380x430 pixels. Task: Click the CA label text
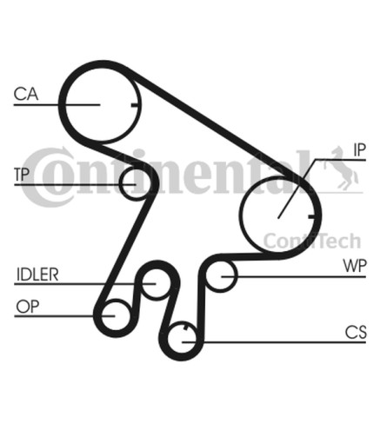26,94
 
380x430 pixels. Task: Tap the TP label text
22,174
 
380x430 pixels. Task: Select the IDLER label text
37,275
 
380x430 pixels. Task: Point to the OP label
28,307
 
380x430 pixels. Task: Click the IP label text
360,149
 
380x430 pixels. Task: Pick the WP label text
355,266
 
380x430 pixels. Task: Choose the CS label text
356,332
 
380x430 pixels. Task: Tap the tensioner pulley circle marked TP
120,183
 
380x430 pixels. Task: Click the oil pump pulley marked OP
102,315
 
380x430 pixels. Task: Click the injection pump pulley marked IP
241,215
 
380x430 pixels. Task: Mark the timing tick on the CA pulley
134,105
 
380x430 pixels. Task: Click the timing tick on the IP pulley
311,216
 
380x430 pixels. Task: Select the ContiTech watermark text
312,241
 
